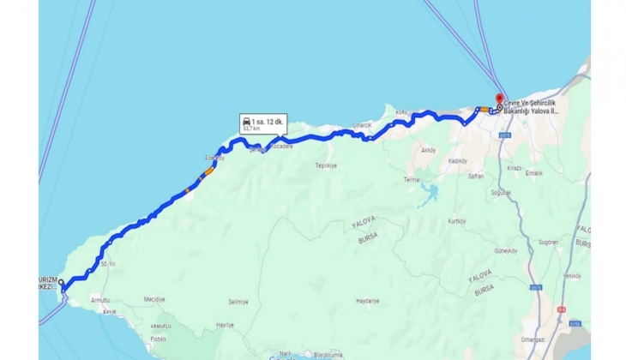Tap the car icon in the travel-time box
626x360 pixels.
click(x=247, y=122)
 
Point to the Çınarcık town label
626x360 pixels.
click(x=362, y=125)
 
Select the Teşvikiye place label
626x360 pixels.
click(x=326, y=165)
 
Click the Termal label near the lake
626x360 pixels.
click(x=412, y=180)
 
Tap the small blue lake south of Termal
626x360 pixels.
click(x=429, y=191)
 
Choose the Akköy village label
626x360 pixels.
click(x=428, y=149)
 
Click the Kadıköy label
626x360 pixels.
click(x=457, y=160)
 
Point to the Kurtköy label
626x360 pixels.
click(x=455, y=221)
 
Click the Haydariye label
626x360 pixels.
click(x=367, y=301)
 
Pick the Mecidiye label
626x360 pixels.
click(x=153, y=299)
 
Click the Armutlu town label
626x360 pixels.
click(x=100, y=299)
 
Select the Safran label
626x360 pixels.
click(x=476, y=176)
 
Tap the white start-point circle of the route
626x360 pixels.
click(x=62, y=281)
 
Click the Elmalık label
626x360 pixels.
click(x=534, y=173)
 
